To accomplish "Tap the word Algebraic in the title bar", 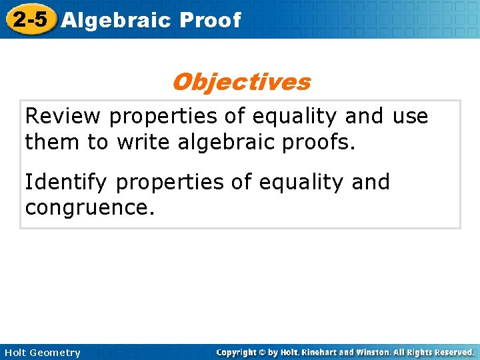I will (x=115, y=20).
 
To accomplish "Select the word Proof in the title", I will (x=210, y=20).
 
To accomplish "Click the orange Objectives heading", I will (x=241, y=82).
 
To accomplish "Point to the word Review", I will (x=63, y=117).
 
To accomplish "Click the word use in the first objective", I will (x=410, y=117).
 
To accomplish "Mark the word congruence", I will (x=89, y=208).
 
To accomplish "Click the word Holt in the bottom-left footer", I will (x=16, y=353).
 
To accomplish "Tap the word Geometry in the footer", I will (x=56, y=353).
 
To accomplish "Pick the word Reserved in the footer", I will (x=453, y=352).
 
